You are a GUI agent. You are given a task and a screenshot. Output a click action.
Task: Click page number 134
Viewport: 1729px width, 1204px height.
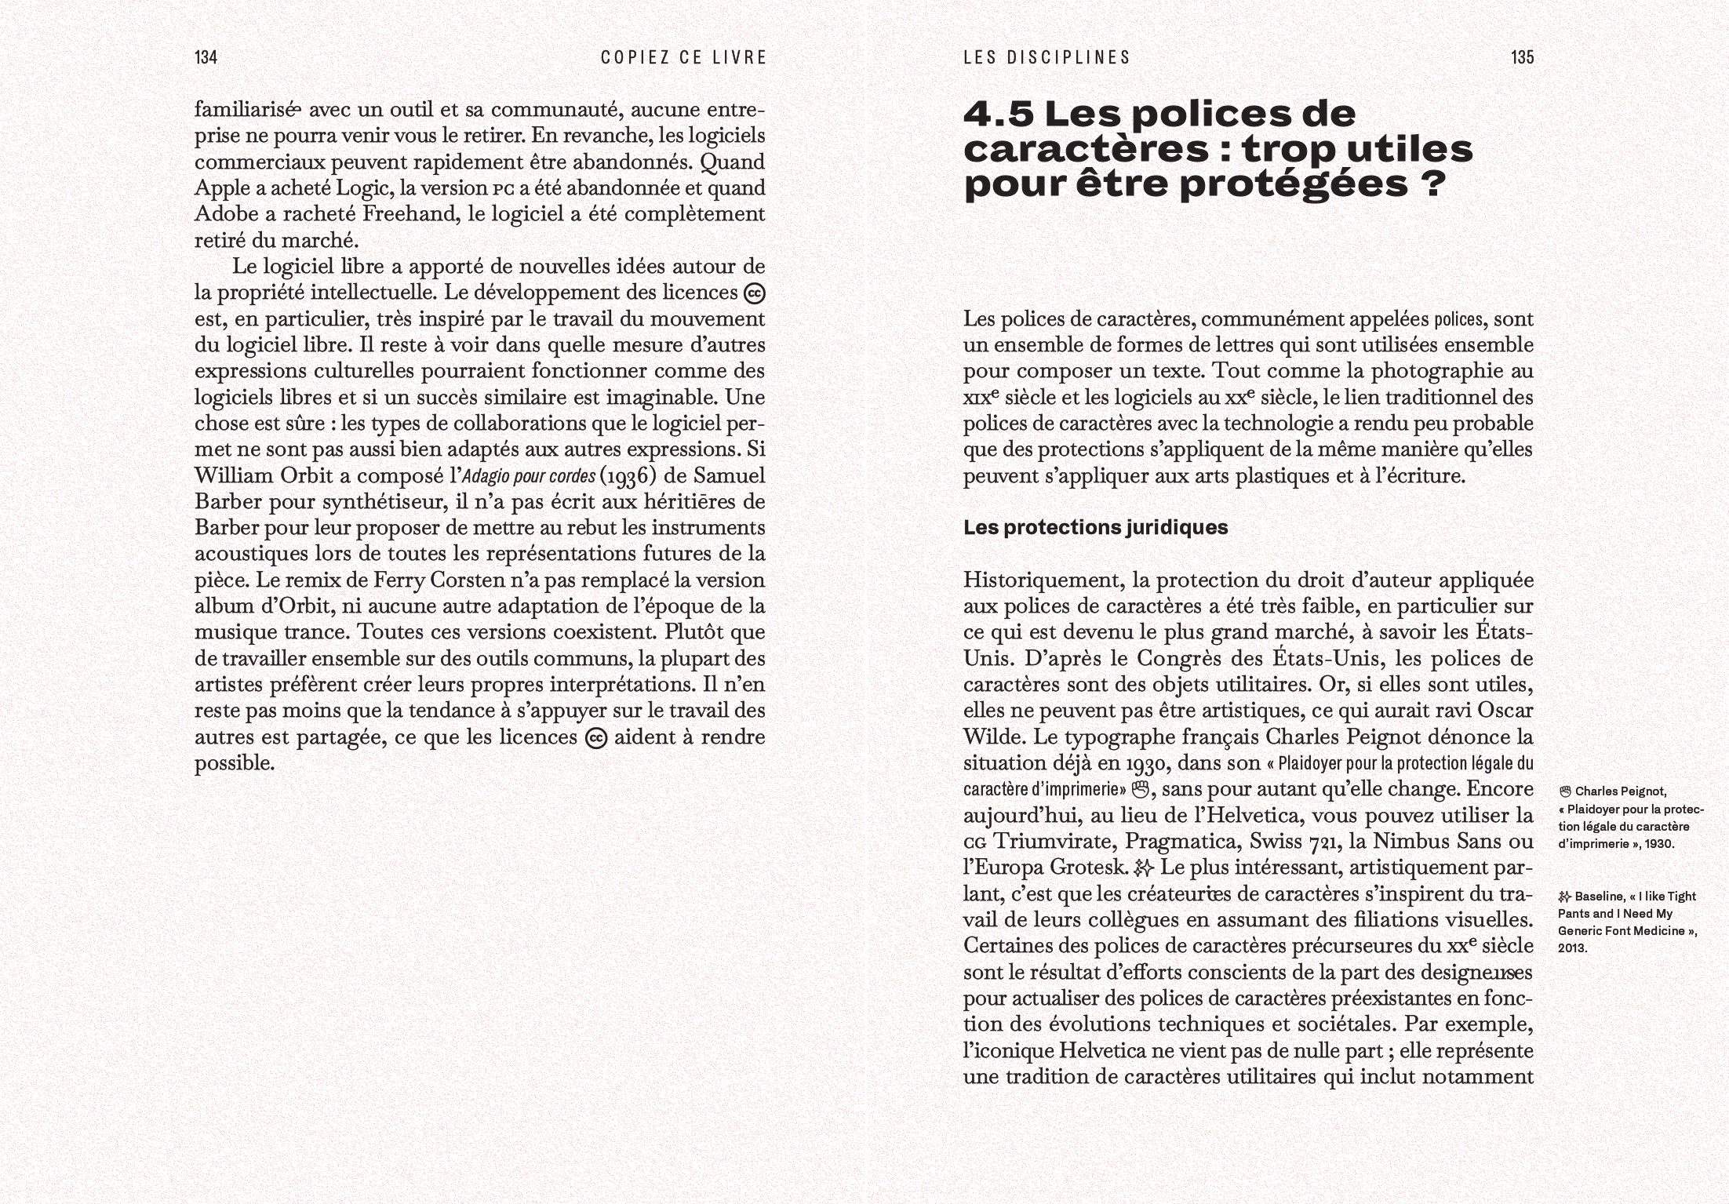pyautogui.click(x=206, y=57)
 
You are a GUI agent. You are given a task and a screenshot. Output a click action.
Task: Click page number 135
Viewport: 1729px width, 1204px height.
pyautogui.click(x=1522, y=57)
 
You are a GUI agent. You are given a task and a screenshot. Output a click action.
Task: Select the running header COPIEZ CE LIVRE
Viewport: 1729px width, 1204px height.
pyautogui.click(x=683, y=57)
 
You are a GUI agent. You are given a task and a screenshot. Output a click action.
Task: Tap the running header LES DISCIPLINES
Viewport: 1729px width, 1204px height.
pyautogui.click(x=1046, y=57)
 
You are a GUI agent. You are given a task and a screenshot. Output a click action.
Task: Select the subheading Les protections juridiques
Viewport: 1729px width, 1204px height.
pyautogui.click(x=1095, y=528)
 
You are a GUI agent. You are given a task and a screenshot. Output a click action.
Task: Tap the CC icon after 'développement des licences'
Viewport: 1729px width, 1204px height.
pyautogui.click(x=754, y=293)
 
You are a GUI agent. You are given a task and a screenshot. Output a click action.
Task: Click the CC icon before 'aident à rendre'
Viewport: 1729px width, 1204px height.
pyautogui.click(x=596, y=738)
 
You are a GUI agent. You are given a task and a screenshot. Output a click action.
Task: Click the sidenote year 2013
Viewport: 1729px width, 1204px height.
pyautogui.click(x=1572, y=948)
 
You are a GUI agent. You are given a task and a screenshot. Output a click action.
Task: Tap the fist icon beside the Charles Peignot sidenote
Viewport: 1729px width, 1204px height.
pyautogui.click(x=1565, y=791)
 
